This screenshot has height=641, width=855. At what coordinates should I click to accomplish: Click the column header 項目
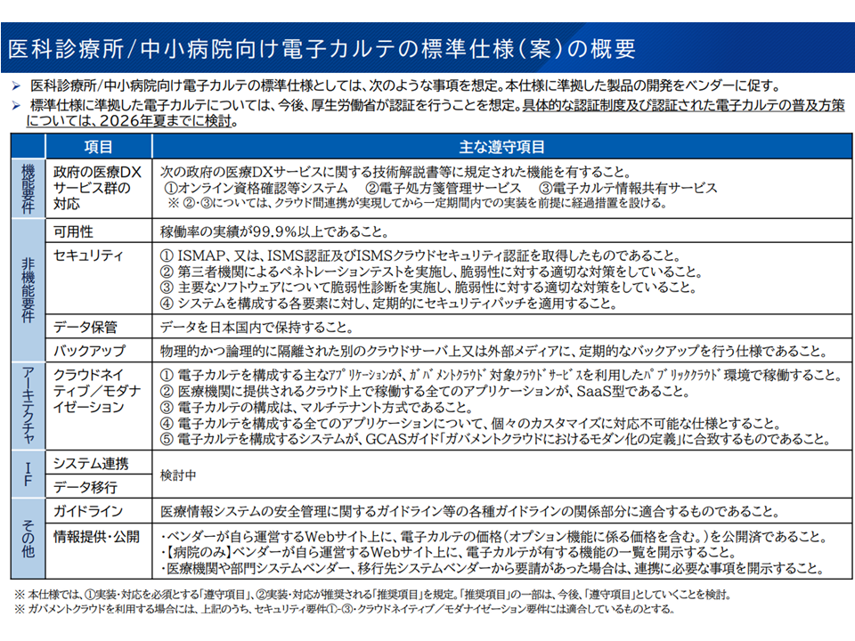click(98, 147)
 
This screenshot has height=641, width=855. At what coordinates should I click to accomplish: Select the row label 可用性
click(74, 231)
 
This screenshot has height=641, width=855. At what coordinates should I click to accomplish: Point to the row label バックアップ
click(89, 351)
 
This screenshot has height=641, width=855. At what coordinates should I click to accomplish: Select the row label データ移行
click(85, 487)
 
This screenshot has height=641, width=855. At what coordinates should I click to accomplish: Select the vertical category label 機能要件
click(27, 187)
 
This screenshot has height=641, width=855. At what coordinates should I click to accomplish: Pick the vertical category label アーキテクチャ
click(27, 405)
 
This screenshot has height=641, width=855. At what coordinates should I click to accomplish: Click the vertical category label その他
click(27, 538)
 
